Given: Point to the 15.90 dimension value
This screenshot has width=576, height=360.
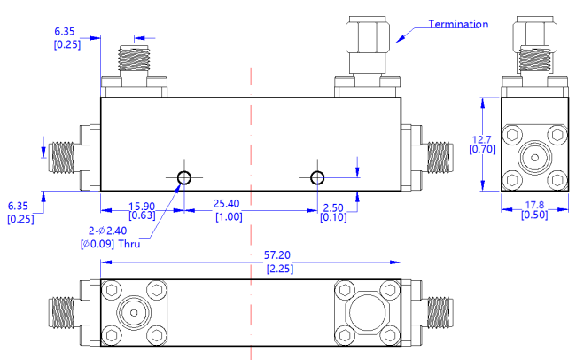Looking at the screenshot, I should (x=143, y=202).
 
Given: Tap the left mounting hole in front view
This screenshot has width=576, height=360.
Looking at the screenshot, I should (x=183, y=178).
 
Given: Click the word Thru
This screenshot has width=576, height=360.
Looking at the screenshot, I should (x=123, y=243).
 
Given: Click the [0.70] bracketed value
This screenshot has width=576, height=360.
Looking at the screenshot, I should (x=480, y=150).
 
